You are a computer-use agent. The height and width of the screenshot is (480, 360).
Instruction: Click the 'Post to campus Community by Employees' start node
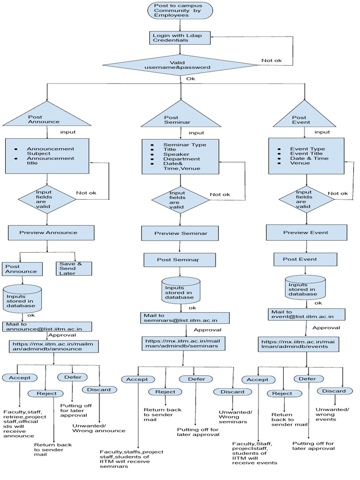(173, 10)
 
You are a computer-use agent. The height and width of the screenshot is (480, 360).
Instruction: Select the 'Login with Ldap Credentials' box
(173, 37)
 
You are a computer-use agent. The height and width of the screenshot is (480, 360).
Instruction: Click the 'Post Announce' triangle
(46, 117)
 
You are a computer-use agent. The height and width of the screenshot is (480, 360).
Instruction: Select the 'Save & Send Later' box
(74, 268)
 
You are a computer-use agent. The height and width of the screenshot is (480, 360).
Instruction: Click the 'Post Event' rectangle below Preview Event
(305, 259)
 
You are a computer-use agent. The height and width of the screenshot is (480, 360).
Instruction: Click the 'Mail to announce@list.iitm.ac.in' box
(46, 327)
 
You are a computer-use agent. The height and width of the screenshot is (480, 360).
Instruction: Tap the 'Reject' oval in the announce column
(46, 393)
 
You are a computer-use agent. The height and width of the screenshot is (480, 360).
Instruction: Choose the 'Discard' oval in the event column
(334, 391)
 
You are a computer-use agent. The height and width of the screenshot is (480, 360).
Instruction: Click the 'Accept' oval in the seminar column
(137, 379)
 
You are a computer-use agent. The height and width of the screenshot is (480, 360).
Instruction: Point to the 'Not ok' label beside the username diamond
(272, 60)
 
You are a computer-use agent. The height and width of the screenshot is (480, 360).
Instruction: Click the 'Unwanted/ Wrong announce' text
(98, 427)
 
